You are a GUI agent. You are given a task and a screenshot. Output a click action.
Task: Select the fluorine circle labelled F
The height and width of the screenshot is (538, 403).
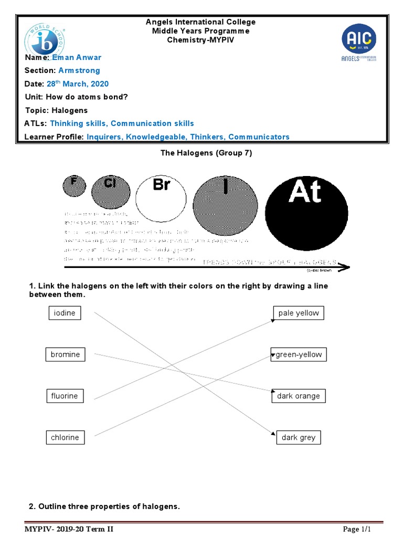pyautogui.click(x=74, y=185)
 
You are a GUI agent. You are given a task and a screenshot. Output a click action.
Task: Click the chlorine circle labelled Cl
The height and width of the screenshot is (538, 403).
pyautogui.click(x=111, y=190)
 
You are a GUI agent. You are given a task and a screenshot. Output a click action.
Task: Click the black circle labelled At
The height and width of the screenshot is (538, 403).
pyautogui.click(x=306, y=212)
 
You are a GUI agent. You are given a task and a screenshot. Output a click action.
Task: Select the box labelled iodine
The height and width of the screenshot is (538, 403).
pyautogui.click(x=65, y=313)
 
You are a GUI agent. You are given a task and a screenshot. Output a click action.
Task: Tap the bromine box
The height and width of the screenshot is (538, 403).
pyautogui.click(x=66, y=355)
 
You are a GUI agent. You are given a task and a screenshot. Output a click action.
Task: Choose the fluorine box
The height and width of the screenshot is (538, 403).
pyautogui.click(x=65, y=396)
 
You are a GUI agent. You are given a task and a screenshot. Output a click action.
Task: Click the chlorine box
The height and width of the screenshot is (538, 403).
pyautogui.click(x=65, y=438)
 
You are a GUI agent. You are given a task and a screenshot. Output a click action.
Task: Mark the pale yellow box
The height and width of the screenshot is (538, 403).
pyautogui.click(x=299, y=313)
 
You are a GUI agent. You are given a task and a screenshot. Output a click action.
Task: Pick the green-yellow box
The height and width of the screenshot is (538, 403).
pyautogui.click(x=299, y=355)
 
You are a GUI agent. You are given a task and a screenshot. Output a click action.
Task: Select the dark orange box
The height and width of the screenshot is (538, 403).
pyautogui.click(x=299, y=396)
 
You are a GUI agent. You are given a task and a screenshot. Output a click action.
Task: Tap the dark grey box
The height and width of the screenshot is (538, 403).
pyautogui.click(x=299, y=438)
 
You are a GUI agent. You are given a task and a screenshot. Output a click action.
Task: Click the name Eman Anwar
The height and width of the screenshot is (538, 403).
pyautogui.click(x=77, y=57)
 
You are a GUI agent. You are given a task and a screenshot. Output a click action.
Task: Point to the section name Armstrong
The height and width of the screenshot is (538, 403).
pyautogui.click(x=79, y=70)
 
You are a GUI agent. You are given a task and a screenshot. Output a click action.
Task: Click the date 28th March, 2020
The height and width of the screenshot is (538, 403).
pyautogui.click(x=77, y=84)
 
